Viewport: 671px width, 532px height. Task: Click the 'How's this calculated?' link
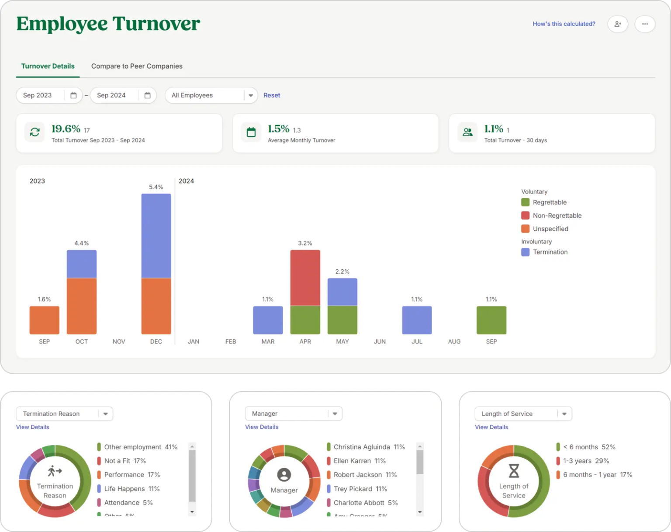point(564,24)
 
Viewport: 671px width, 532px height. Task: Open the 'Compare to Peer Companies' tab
point(137,66)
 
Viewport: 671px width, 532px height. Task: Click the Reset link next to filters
point(271,95)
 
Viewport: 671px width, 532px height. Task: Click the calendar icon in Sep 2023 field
point(73,95)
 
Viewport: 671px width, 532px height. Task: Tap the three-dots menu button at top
point(645,24)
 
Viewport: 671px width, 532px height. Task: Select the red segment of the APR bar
point(305,278)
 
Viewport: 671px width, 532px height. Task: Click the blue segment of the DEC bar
point(156,236)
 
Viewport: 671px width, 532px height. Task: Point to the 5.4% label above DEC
point(156,187)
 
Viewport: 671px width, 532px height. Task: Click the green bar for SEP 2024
point(491,320)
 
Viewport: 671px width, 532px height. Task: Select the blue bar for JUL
point(417,320)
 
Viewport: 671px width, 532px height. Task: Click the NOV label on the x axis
point(119,341)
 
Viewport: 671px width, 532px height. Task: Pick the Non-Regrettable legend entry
point(557,216)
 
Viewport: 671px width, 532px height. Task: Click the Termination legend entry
point(550,252)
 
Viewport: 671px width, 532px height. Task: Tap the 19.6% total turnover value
point(66,129)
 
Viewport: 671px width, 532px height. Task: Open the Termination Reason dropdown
point(64,414)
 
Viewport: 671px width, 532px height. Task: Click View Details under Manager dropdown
point(262,427)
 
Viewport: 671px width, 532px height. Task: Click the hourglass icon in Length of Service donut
point(514,471)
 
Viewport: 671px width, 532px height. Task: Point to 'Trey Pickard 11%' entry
point(360,489)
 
